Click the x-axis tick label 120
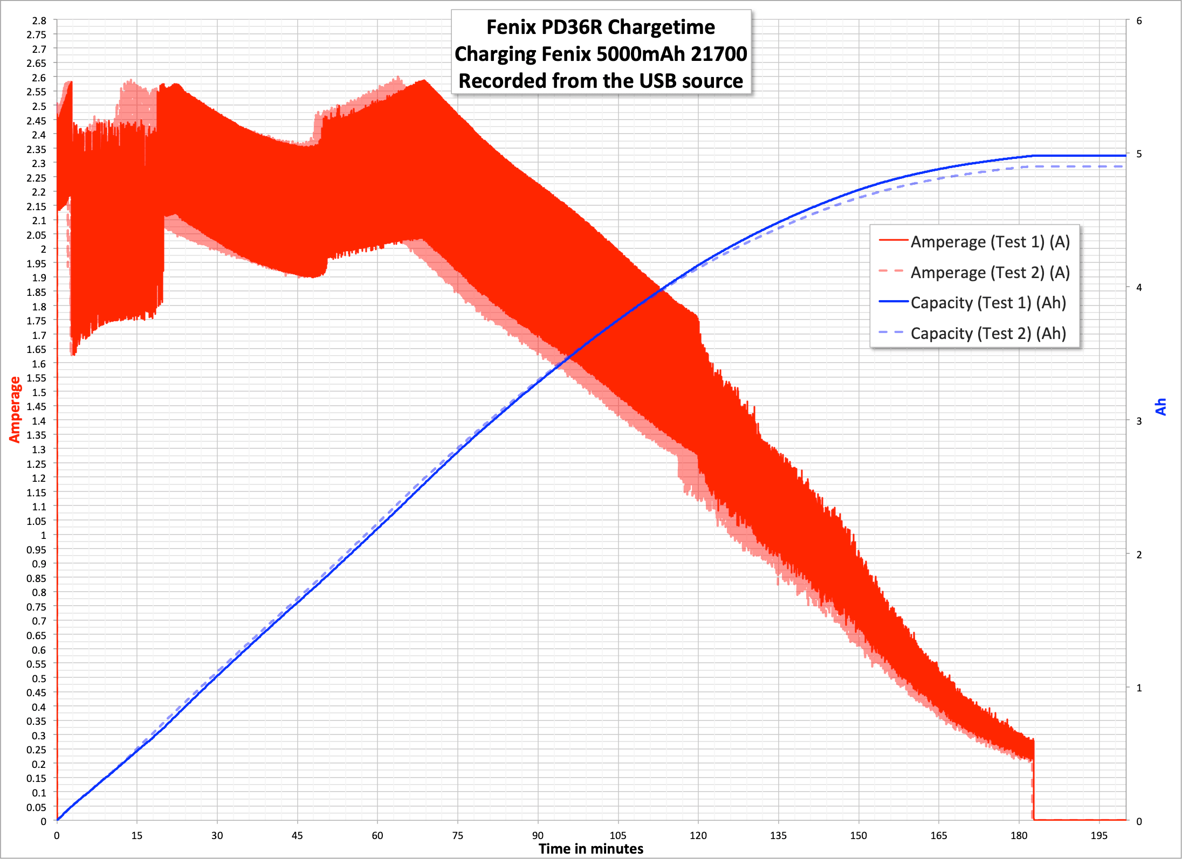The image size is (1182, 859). [x=698, y=836]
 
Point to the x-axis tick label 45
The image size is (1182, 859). [x=297, y=836]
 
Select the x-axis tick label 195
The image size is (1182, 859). [x=1098, y=836]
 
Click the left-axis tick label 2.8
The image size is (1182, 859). [x=39, y=21]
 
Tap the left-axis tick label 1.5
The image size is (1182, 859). [x=39, y=392]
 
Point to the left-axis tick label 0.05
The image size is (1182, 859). [x=37, y=807]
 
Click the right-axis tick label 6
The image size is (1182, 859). [x=1139, y=21]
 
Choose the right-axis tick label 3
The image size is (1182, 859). [x=1139, y=421]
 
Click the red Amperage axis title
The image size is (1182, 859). [x=15, y=410]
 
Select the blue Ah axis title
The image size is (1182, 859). [x=1161, y=407]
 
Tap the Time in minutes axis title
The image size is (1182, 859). [x=591, y=849]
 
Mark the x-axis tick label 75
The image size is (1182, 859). [x=457, y=836]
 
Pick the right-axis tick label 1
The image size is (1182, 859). [x=1139, y=688]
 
